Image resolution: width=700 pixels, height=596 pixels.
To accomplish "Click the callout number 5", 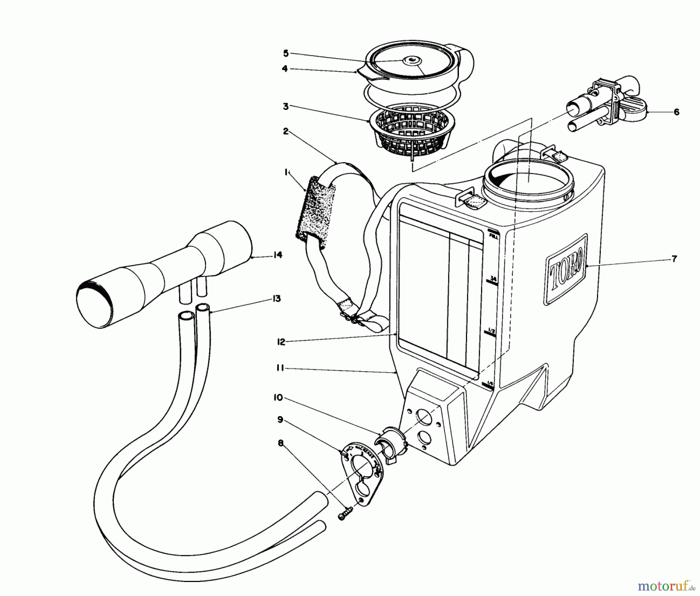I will (285, 53).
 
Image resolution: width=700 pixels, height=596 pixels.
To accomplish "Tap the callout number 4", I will (285, 69).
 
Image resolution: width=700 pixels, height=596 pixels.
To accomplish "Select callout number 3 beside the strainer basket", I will (286, 106).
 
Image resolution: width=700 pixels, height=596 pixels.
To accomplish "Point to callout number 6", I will (676, 112).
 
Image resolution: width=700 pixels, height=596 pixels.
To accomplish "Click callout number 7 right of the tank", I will (674, 259).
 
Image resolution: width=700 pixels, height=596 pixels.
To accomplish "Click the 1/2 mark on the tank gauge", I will (492, 331).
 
